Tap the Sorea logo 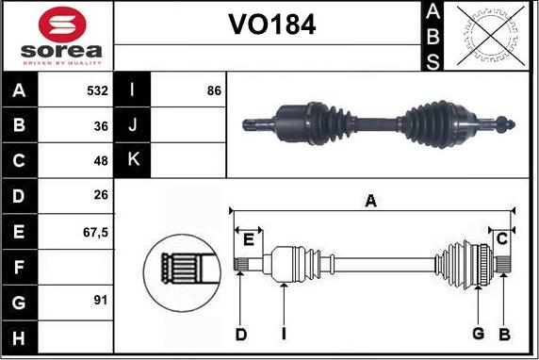tap(57, 35)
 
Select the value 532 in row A tap(97, 91)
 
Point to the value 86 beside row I tap(213, 91)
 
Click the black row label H tap(20, 336)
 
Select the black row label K tap(133, 160)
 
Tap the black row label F tap(20, 267)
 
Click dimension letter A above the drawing tap(371, 201)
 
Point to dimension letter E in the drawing tap(248, 238)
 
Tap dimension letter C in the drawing tap(502, 237)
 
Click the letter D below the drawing tap(241, 334)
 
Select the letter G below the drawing tap(478, 334)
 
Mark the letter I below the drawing tap(283, 334)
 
